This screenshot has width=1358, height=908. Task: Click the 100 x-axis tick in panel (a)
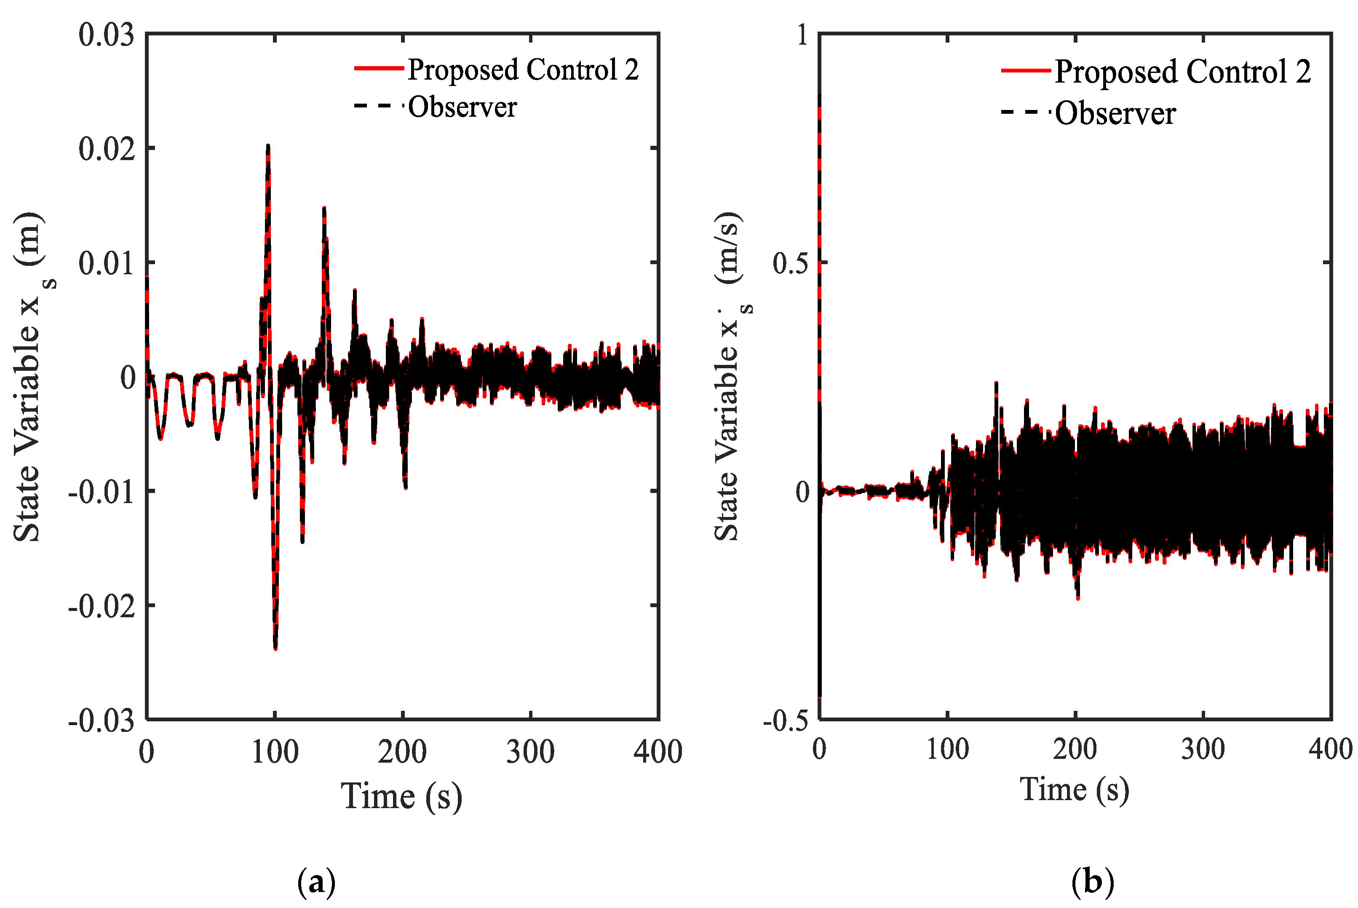click(x=275, y=752)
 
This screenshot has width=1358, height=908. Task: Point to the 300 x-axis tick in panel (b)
click(x=1203, y=749)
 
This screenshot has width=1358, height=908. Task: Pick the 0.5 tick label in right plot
click(x=791, y=263)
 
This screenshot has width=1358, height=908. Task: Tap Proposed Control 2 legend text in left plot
click(x=523, y=70)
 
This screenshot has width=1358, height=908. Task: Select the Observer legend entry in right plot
click(x=1115, y=113)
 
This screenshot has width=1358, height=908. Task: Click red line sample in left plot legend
click(x=379, y=68)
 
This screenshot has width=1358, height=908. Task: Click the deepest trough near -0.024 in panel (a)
click(x=275, y=648)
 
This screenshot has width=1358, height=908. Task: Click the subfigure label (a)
click(x=316, y=882)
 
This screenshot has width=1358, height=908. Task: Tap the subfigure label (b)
click(x=1092, y=882)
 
